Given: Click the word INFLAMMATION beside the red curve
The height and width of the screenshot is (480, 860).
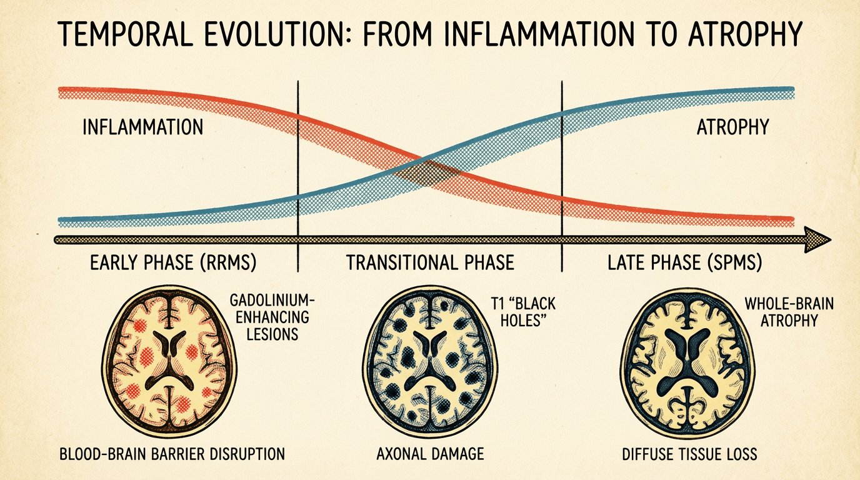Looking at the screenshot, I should [x=143, y=127].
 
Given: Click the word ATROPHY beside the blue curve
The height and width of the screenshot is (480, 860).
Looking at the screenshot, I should [x=732, y=127].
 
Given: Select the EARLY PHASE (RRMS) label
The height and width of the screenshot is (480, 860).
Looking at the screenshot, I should [x=173, y=262].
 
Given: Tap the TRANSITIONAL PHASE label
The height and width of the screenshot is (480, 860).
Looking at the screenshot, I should [x=430, y=262].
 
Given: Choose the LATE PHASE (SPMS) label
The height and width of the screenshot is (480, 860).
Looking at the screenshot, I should [x=684, y=262].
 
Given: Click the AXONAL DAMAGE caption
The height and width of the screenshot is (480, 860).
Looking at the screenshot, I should [x=430, y=453].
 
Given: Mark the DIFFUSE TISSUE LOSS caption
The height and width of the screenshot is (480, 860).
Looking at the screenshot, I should [x=689, y=453].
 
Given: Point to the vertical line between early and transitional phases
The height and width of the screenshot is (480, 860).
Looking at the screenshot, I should [x=297, y=162].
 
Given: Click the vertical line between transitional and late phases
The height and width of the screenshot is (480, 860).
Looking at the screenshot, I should [x=562, y=162].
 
